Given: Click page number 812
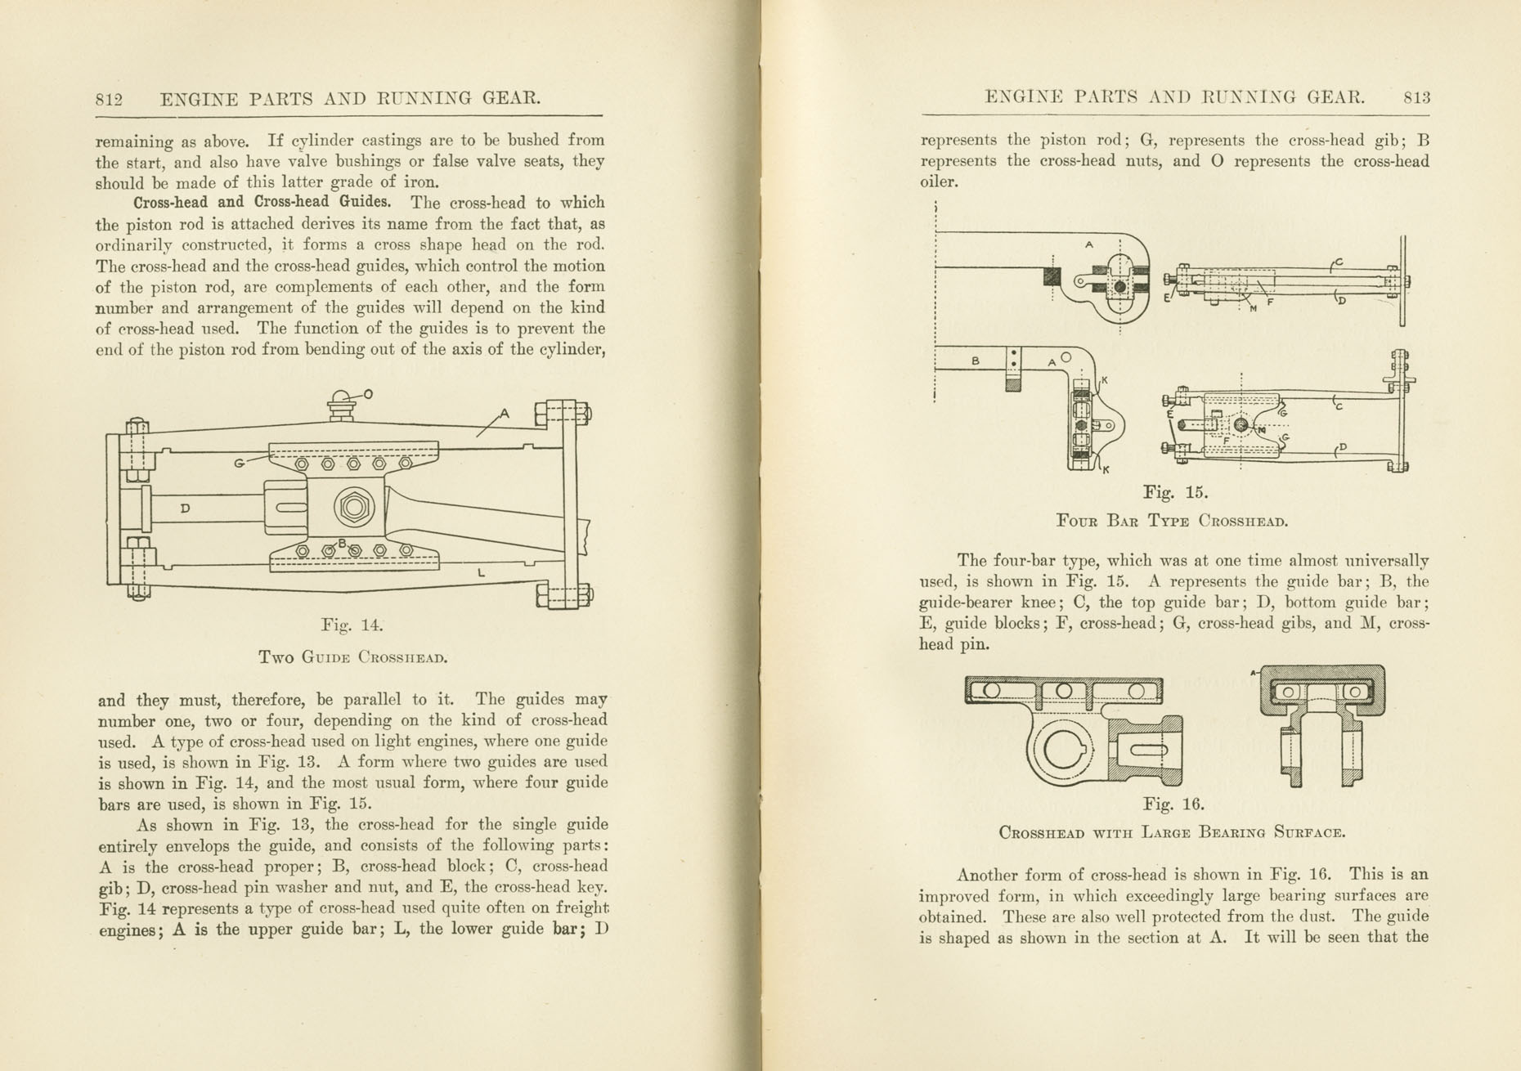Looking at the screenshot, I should pos(109,100).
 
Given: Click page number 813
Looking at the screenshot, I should pos(1416,97).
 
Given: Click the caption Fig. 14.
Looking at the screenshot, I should pos(352,625).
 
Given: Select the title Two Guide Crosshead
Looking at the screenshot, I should pos(352,656).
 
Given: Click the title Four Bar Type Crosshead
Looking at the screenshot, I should pos(1172,521).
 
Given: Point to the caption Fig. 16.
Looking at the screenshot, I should pos(1173,804).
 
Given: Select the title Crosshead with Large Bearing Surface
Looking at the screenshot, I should pos(1172,833).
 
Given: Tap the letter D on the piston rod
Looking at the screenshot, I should pos(186,509).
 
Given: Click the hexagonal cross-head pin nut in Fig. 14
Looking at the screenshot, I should pos(354,508).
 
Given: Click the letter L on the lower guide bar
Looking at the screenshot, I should pos(482,574).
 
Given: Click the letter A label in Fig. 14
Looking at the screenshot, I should pos(505,415).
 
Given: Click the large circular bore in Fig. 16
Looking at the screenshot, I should pos(1061,749).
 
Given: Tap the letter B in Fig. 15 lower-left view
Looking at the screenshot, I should pos(976,361).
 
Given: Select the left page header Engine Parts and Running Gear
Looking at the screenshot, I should pos(351,99).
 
